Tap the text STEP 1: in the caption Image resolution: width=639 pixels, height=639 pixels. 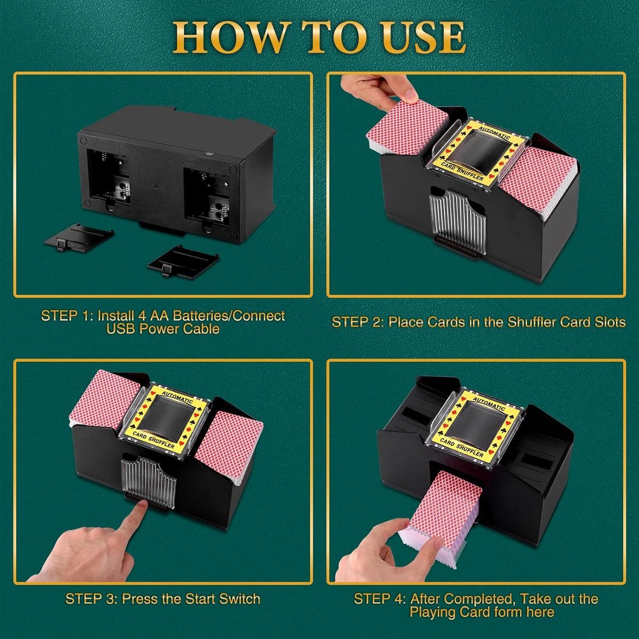(67, 316)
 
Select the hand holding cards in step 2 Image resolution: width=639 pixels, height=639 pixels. (394, 88)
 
